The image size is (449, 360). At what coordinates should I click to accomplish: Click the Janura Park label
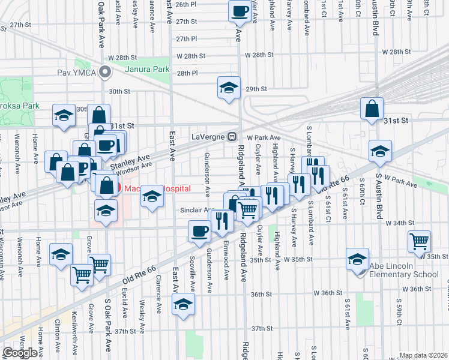(147, 69)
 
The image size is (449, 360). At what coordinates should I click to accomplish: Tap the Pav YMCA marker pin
(106, 73)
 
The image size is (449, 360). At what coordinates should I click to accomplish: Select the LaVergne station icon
(231, 136)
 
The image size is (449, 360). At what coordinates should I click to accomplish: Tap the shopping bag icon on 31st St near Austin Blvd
(372, 109)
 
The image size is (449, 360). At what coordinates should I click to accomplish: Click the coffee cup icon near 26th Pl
(240, 10)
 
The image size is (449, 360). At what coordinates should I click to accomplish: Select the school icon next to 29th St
(228, 88)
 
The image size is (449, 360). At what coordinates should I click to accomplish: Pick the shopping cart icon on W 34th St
(420, 241)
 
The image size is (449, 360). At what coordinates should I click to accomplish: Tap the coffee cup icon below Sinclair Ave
(200, 231)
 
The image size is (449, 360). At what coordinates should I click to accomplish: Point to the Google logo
(20, 353)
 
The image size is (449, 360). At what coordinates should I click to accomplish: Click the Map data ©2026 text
(423, 355)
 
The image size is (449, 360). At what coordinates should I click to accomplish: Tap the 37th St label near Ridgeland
(262, 328)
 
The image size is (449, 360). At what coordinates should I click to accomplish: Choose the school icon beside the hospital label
(152, 196)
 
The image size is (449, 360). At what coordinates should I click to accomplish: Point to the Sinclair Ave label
(196, 210)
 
